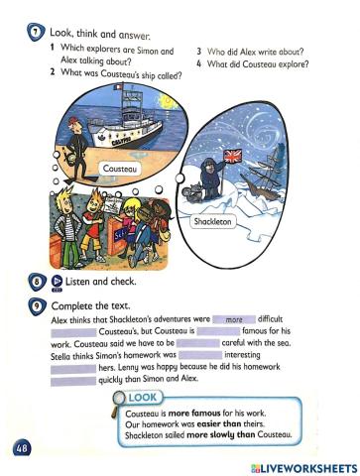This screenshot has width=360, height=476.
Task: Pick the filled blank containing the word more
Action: (234, 320)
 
